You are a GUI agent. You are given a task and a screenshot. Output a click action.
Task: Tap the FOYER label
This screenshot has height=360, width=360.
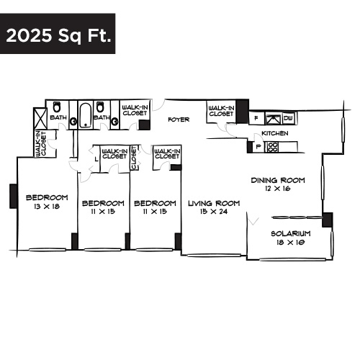coord(179,120)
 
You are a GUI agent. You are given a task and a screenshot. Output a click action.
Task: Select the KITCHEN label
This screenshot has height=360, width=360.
coord(274,134)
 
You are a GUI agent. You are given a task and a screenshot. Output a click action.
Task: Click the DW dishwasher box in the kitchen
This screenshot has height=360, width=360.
coord(288,118)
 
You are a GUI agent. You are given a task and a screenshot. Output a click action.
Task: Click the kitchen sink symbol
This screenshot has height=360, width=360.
coord(272,118)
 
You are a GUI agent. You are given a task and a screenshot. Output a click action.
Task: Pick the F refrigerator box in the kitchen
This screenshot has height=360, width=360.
coord(256,118)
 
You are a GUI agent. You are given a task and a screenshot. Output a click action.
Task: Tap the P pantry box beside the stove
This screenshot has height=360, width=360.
coord(258,147)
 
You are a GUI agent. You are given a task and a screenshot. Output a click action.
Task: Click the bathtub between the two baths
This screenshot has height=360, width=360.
coord(84,114)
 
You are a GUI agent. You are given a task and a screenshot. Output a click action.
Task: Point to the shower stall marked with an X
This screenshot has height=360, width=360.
coord(40,117)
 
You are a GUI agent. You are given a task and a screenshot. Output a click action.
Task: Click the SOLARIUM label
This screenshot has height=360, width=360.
coord(290,234)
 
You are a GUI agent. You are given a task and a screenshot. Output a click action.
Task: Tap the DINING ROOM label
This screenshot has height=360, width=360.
coord(277,180)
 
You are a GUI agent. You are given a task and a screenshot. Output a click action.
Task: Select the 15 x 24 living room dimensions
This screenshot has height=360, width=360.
coord(213,212)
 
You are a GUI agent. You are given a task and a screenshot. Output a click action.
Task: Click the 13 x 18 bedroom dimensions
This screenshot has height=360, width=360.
coord(47,207)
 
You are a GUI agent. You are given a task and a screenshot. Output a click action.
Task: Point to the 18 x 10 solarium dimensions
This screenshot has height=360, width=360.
coord(290,243)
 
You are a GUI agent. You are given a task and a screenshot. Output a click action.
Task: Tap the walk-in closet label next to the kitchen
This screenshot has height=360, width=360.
coord(221,111)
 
